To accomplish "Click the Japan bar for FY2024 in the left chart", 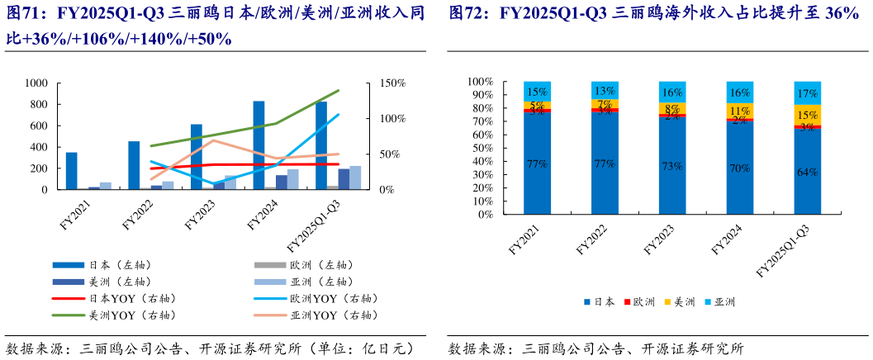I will (259, 145).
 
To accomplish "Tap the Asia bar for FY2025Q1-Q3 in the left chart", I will (332, 178).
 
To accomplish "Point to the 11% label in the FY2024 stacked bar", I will (739, 111).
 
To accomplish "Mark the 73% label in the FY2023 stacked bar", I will (671, 165).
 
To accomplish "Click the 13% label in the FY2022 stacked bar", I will (604, 90).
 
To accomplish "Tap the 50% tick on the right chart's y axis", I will (480, 148).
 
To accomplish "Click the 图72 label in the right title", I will (468, 14).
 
